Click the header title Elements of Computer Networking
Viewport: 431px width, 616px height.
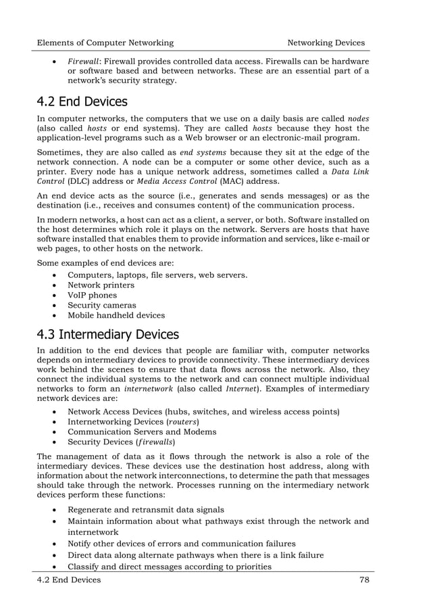pyautogui.click(x=105, y=43)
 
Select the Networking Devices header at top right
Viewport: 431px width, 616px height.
pyautogui.click(x=326, y=43)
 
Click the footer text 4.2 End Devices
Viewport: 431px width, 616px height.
pyautogui.click(x=69, y=579)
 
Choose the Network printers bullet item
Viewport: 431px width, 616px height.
pyautogui.click(x=101, y=285)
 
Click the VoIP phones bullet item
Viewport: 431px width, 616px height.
pyautogui.click(x=93, y=295)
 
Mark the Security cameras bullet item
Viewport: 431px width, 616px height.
pyautogui.click(x=102, y=305)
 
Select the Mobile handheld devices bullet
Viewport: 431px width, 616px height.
pyautogui.click(x=116, y=315)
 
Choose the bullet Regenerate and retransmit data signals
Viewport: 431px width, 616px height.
pyautogui.click(x=147, y=509)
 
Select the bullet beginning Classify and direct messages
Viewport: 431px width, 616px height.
pyautogui.click(x=170, y=566)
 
